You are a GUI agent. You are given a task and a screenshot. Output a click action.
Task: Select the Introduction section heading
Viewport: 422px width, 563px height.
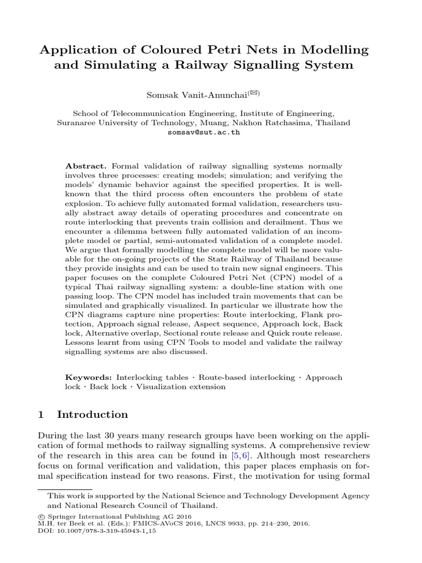click(92, 414)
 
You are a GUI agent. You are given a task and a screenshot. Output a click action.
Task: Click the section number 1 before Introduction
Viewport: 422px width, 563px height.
click(40, 414)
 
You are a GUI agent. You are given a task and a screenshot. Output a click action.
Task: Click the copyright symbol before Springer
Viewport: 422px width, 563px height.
click(40, 524)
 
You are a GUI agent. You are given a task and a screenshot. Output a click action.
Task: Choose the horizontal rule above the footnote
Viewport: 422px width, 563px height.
click(64, 488)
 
